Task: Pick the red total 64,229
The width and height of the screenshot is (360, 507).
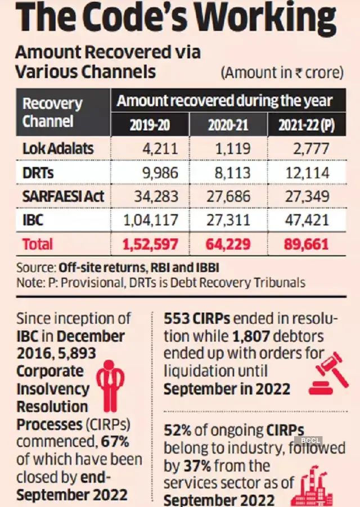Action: coord(228,244)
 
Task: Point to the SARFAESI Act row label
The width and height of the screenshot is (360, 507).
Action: coord(64,196)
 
